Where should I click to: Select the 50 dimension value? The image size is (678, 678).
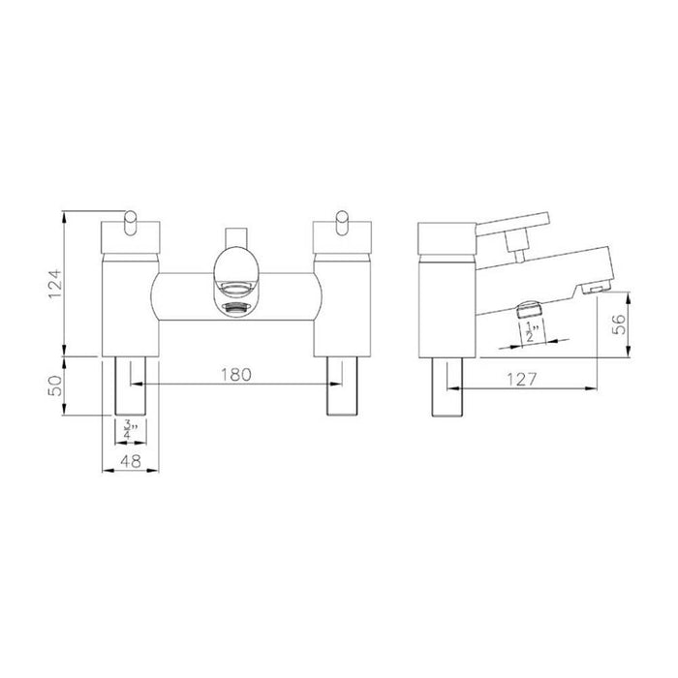pos(56,385)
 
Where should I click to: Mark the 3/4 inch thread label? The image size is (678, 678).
pos(129,427)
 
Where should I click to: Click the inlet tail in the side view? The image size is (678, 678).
pos(447,385)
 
